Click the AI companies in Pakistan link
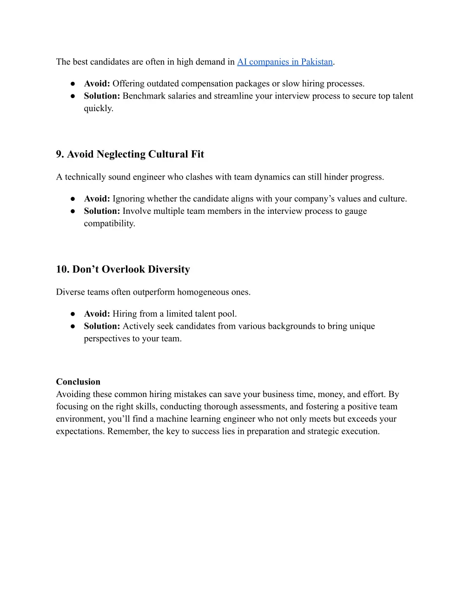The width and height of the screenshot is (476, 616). (284, 62)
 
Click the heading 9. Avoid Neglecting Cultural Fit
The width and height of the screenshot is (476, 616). (130, 154)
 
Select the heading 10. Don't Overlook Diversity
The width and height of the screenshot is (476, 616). (123, 270)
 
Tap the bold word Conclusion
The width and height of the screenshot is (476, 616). (78, 382)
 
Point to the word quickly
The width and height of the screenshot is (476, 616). (98, 108)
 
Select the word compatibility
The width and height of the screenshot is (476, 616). (109, 223)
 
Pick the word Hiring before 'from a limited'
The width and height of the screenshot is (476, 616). (125, 314)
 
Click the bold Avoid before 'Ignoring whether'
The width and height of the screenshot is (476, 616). (97, 199)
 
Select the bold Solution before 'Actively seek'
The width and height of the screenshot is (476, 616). (102, 326)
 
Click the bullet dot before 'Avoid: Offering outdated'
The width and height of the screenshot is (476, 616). (73, 84)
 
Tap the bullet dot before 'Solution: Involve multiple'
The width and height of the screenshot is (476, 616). (73, 211)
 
